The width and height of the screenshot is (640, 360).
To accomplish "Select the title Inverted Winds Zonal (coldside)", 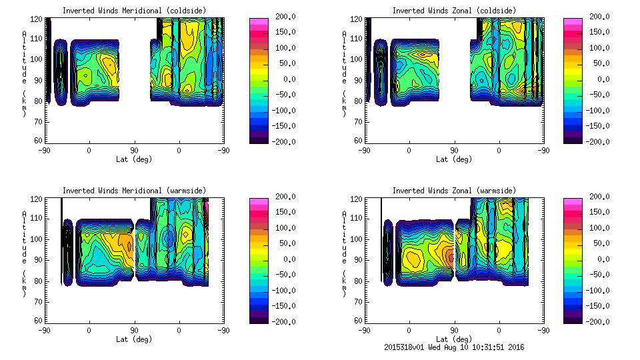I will coord(453,11).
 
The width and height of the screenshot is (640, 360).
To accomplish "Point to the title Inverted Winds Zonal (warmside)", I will coord(453,191).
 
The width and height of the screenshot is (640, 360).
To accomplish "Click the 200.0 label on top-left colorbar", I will coord(286,16).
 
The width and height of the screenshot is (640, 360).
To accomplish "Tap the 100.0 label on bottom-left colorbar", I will coord(286,228).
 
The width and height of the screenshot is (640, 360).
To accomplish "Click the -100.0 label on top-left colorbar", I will coord(285,111).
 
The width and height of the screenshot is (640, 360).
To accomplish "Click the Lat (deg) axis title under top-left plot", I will coord(134,159).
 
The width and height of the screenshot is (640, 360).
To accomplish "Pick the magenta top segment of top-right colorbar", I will coord(572,22).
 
